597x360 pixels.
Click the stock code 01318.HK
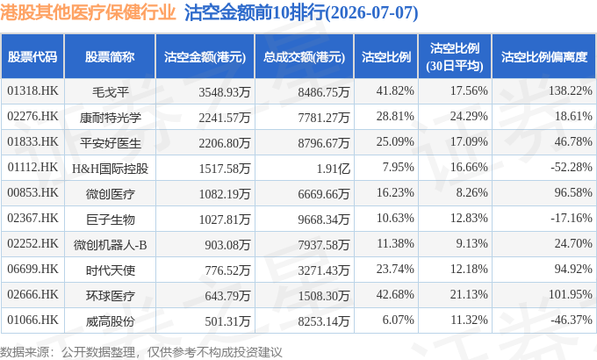(32, 91)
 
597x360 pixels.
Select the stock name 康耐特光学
(110, 118)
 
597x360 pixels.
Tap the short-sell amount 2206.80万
(224, 143)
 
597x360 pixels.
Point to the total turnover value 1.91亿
(333, 169)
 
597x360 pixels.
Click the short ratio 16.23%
(395, 192)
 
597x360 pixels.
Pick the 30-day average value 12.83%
(469, 218)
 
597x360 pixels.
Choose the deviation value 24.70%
(573, 243)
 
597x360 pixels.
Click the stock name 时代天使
(110, 270)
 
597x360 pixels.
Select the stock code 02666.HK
(32, 294)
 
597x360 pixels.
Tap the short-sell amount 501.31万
(227, 321)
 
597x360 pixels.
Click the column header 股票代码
(32, 57)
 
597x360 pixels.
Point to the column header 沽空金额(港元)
(205, 57)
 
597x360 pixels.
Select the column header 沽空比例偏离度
(544, 57)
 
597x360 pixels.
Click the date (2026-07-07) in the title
(372, 13)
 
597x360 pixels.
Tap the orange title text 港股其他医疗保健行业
(88, 12)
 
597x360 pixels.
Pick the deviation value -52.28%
(572, 167)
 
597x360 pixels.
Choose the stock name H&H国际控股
(110, 169)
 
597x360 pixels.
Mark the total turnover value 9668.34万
(324, 220)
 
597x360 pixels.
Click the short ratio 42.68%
(395, 294)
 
